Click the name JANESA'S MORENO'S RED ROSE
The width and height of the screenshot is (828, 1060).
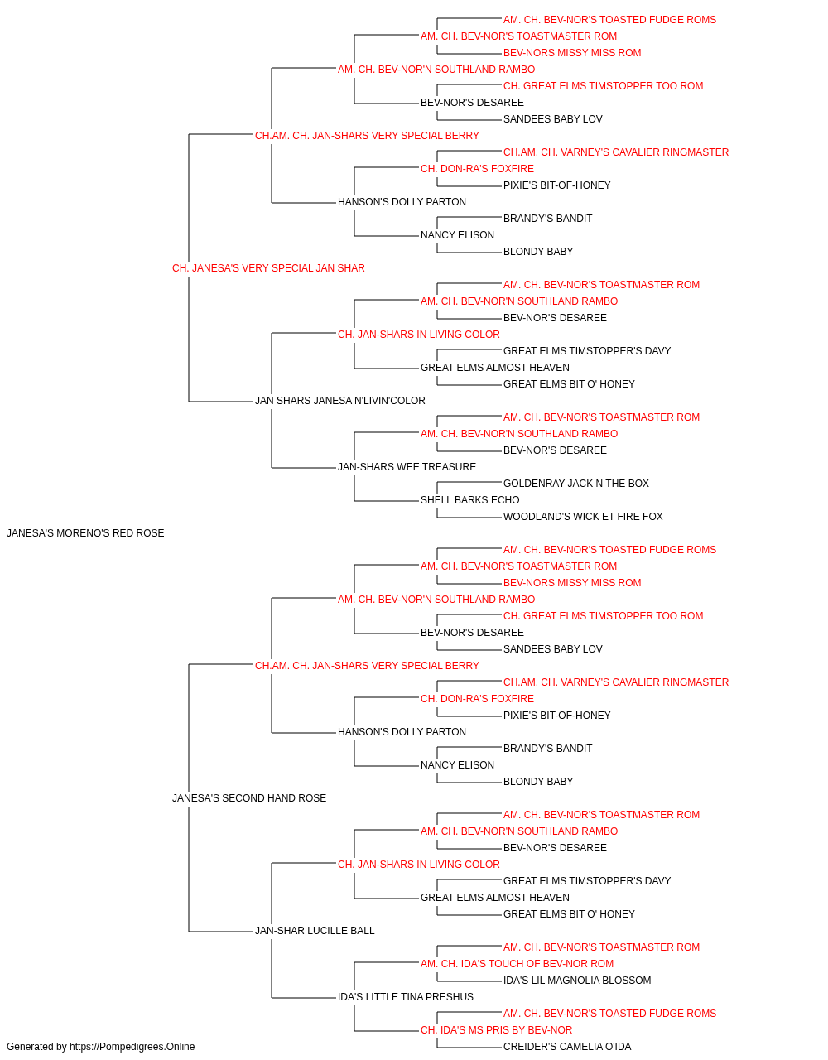(85, 533)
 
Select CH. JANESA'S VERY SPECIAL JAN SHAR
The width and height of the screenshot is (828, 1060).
(268, 268)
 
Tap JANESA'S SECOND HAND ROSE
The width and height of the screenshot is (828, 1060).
(249, 798)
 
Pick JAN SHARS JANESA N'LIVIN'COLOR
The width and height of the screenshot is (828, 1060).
(339, 401)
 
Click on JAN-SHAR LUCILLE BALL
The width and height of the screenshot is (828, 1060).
(315, 931)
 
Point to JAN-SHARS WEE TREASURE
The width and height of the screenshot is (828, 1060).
(407, 467)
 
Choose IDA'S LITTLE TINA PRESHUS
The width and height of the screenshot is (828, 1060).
(405, 997)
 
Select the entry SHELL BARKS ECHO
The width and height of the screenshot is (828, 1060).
(469, 500)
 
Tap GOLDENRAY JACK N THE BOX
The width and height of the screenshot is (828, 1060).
(576, 484)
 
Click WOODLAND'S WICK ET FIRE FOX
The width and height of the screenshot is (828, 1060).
(583, 517)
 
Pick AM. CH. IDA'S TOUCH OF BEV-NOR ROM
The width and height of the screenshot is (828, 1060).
(517, 964)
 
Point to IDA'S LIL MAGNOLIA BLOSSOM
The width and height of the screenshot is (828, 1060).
(577, 980)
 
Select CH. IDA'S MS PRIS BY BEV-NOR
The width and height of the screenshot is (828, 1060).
(497, 1030)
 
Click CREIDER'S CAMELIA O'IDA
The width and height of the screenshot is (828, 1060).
(567, 1047)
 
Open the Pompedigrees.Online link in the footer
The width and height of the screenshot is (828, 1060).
(132, 1047)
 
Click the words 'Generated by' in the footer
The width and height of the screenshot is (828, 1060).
(36, 1047)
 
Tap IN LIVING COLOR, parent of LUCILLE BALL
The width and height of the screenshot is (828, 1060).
(419, 865)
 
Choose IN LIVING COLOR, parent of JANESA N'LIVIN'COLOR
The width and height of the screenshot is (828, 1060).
(419, 335)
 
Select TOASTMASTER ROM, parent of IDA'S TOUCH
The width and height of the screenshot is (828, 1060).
(601, 947)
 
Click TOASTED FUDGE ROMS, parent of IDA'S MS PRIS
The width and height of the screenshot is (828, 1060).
(609, 1014)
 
